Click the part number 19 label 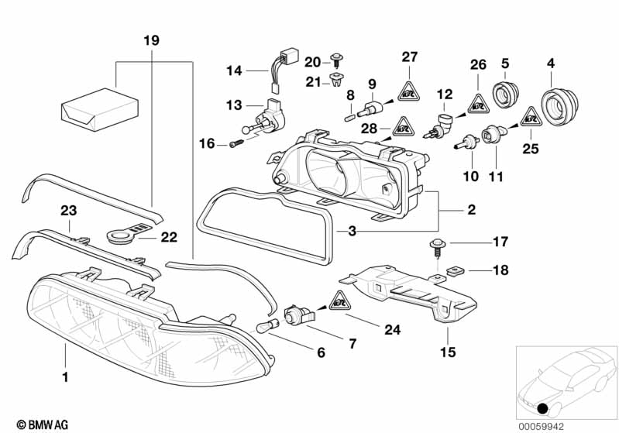click(151, 40)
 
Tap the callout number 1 click(66, 377)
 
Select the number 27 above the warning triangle click(409, 56)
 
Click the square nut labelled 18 click(452, 272)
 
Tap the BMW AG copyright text click(37, 424)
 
